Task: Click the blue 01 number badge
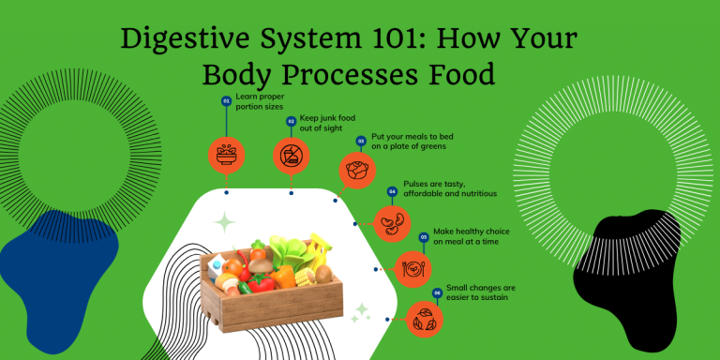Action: click(226, 99)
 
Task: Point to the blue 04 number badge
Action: click(392, 191)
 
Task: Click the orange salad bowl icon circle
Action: click(226, 155)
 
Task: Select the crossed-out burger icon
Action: click(292, 155)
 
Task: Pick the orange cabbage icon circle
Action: click(357, 172)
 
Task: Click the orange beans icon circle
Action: click(392, 224)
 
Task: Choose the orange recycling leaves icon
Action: click(425, 319)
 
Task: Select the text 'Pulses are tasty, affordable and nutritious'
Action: click(449, 188)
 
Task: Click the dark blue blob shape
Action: click(58, 272)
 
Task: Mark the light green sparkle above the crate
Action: click(224, 222)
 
